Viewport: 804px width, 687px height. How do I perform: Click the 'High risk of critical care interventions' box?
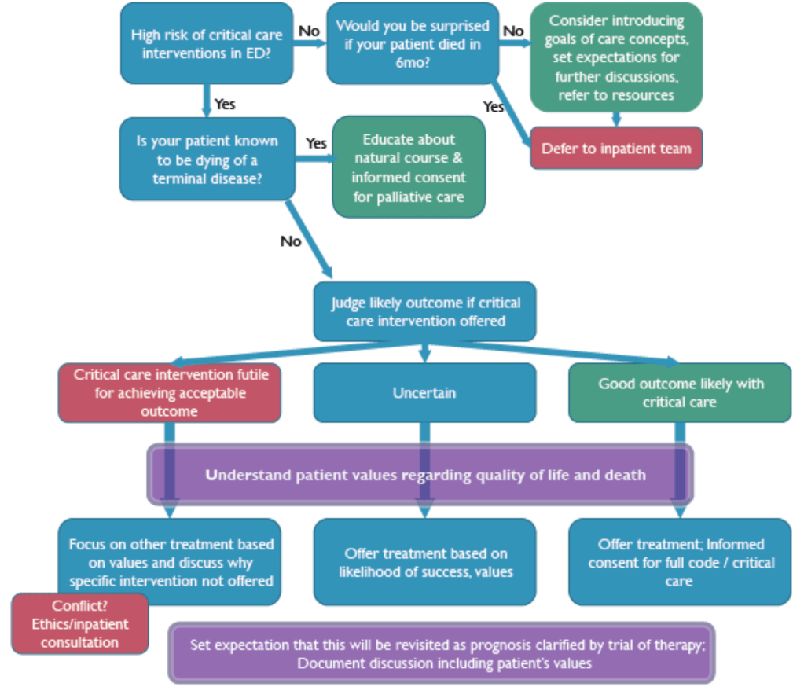pyautogui.click(x=207, y=44)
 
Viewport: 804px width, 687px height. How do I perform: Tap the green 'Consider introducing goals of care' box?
pyautogui.click(x=616, y=57)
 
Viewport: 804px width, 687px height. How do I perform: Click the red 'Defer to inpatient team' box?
pyautogui.click(x=616, y=148)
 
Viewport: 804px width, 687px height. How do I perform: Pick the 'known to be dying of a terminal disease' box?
pyautogui.click(x=207, y=159)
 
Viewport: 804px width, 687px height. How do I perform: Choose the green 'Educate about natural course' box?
pyautogui.click(x=409, y=167)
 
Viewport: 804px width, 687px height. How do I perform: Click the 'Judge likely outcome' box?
pyautogui.click(x=425, y=311)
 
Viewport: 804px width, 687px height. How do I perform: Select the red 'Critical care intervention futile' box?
pyautogui.click(x=170, y=393)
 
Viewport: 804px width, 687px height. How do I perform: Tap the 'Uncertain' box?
pyautogui.click(x=424, y=392)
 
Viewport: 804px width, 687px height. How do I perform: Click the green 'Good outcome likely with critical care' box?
pyautogui.click(x=680, y=392)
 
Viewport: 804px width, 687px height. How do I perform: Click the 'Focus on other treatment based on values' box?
pyautogui.click(x=170, y=561)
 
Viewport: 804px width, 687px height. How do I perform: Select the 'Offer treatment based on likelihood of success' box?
pyautogui.click(x=425, y=561)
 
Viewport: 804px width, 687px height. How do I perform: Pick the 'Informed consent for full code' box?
pyautogui.click(x=680, y=561)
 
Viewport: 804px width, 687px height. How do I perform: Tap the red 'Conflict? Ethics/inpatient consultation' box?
pyautogui.click(x=79, y=623)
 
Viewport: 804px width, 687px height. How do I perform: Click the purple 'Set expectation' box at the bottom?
pyautogui.click(x=441, y=653)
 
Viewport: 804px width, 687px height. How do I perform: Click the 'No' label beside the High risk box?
pyautogui.click(x=309, y=31)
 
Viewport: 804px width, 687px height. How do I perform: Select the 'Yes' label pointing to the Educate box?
pyautogui.click(x=316, y=143)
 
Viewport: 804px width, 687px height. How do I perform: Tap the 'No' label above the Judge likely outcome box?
pyautogui.click(x=291, y=241)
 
